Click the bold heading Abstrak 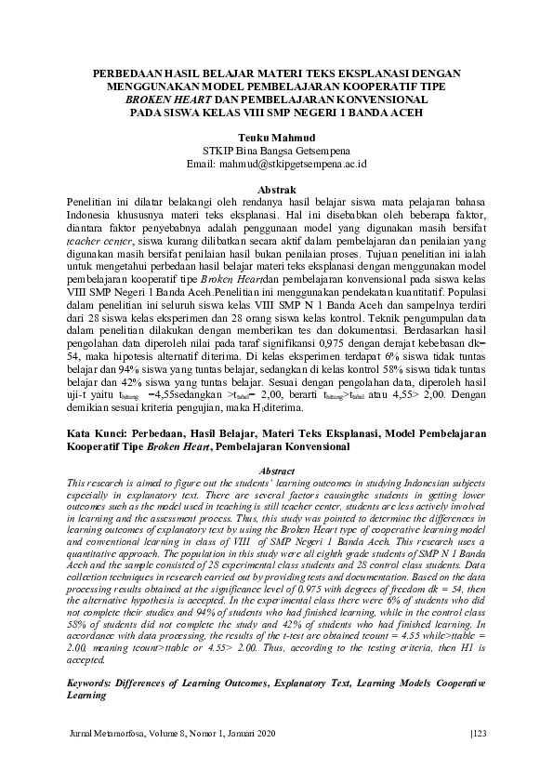[275, 188]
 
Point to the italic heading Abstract [275, 471]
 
